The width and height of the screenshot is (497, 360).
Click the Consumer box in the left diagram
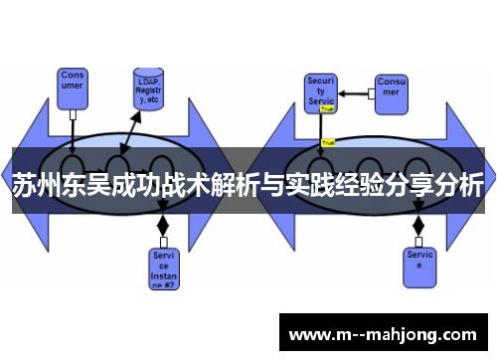(74, 85)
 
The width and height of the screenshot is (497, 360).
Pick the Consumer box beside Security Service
(391, 90)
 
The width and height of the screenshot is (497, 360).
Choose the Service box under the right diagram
(419, 261)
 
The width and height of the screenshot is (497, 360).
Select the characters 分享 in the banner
(403, 187)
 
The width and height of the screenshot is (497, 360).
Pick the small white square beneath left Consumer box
(74, 114)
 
